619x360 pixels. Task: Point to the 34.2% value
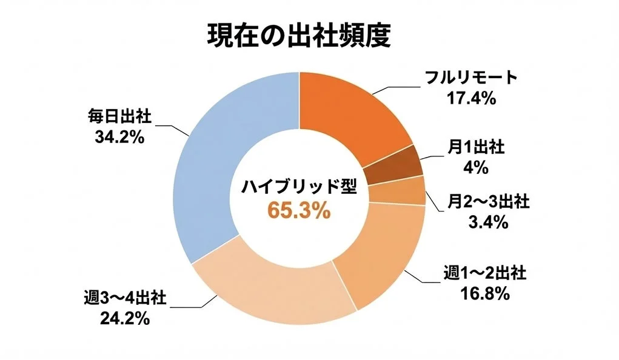pyautogui.click(x=119, y=138)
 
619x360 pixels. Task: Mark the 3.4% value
pyautogui.click(x=487, y=222)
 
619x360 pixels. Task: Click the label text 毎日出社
pyautogui.click(x=119, y=116)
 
